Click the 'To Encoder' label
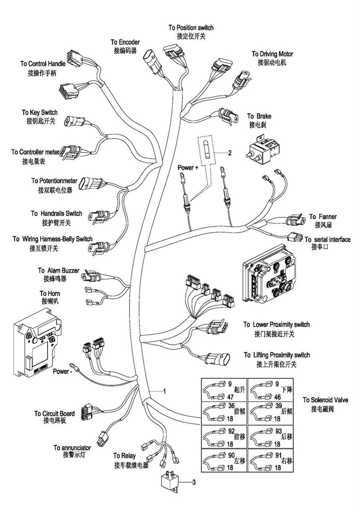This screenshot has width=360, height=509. click(x=125, y=42)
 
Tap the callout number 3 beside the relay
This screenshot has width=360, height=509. click(x=194, y=482)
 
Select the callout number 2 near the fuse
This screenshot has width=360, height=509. click(x=230, y=152)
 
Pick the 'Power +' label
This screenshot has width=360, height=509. click(x=188, y=168)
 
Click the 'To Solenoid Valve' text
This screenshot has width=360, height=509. click(x=325, y=400)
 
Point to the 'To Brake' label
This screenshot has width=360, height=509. click(x=259, y=116)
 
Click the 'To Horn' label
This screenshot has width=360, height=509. click(x=50, y=294)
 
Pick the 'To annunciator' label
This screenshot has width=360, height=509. click(x=72, y=447)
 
